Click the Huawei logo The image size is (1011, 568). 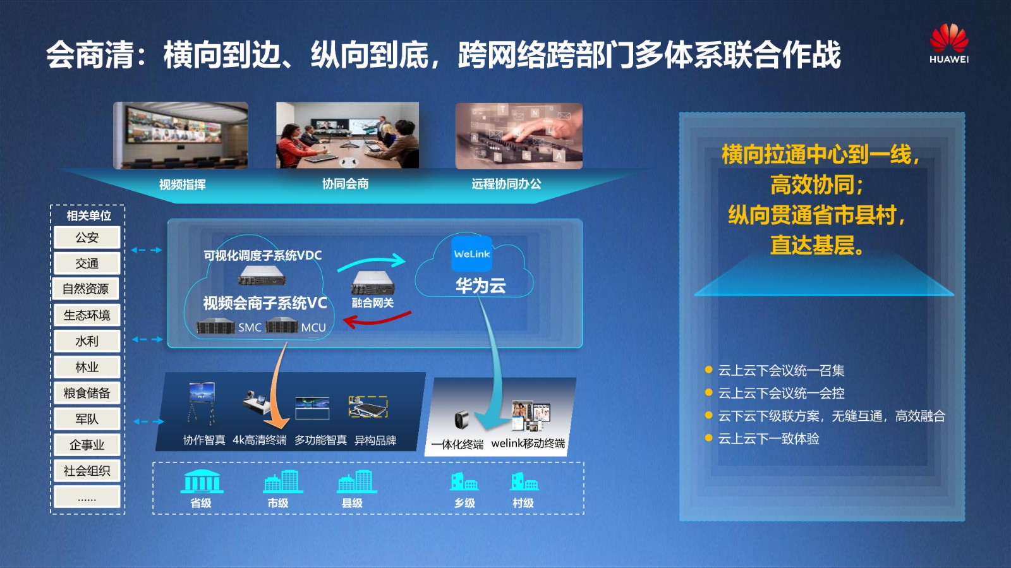coord(948,44)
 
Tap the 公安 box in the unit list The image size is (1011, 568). coord(87,238)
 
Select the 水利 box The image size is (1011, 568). coord(87,341)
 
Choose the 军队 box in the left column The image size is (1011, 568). coord(87,419)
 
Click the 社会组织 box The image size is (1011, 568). coord(87,471)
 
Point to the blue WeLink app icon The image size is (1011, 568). coord(471,254)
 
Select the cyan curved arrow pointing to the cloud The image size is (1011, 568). coord(371,262)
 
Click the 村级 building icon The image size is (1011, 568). coord(524,482)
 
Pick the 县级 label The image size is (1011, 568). coord(352,503)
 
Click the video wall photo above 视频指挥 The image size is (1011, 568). coord(181,135)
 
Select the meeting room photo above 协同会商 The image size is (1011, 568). coord(348,135)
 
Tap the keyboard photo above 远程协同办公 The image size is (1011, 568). coord(519,136)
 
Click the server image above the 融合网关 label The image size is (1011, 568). coord(373,283)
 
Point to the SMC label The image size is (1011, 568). coord(250,327)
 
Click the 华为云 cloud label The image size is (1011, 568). coord(481,286)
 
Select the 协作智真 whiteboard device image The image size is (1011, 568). coord(202,404)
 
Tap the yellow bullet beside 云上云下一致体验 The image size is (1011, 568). coord(708,438)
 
